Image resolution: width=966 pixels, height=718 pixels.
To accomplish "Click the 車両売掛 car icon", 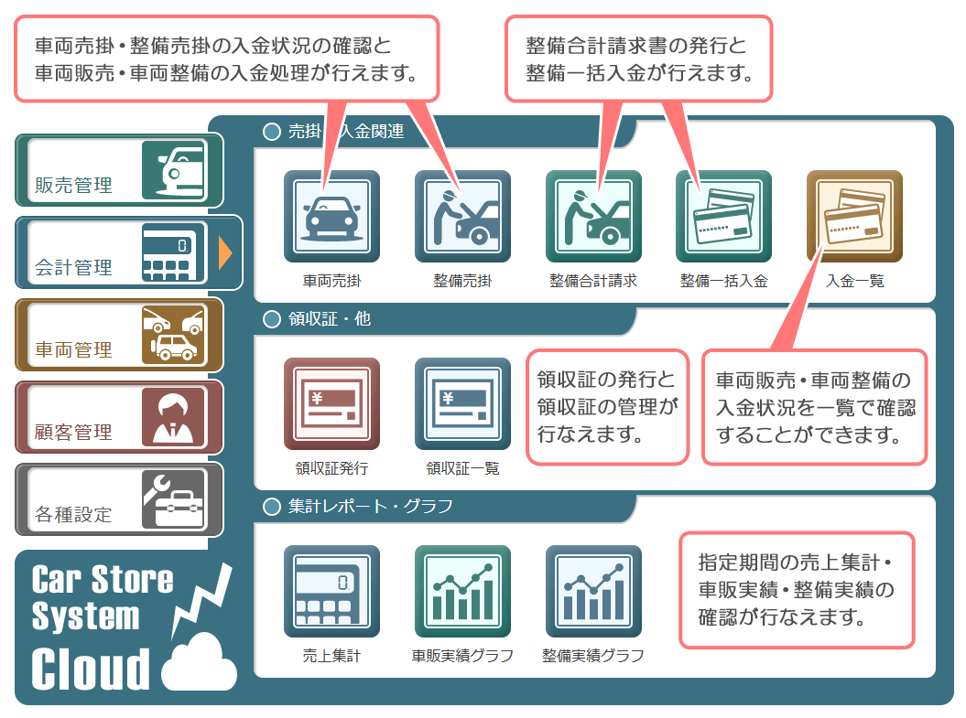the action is coord(331,217).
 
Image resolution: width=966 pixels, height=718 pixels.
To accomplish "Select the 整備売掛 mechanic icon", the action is coord(462,217).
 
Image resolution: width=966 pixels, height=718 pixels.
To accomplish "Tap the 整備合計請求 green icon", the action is coord(593,217).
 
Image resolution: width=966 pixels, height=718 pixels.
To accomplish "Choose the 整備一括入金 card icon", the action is coord(724,217).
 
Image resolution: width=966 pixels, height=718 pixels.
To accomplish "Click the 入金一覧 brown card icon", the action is coord(854,217).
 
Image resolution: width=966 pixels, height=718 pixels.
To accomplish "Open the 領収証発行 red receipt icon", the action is coord(331,404).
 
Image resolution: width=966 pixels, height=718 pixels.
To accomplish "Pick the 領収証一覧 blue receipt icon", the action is coord(462,404).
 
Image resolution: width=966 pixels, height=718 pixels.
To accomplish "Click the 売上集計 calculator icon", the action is coord(331,592).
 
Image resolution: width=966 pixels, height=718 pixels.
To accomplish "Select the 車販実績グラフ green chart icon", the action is coord(462,592).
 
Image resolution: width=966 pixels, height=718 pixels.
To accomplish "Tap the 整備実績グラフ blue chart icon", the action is coord(593,592).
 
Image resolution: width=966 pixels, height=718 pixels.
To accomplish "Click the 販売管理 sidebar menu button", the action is coord(119,170).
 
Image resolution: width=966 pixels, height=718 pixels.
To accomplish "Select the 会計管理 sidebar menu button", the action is coord(119,252).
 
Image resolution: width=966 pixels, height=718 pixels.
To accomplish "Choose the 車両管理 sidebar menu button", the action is coord(119,336).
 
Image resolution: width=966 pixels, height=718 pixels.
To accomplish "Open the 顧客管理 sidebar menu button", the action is coord(119,418).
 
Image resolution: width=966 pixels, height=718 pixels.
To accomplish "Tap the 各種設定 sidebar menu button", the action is coord(119,499).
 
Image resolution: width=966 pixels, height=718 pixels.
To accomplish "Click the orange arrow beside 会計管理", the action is coord(225,252).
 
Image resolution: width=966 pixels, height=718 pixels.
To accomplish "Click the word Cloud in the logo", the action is coord(91,669).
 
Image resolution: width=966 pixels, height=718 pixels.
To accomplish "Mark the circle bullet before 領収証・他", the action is coord(272,318).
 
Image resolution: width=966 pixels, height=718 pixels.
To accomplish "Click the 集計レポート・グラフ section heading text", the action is coord(370,507).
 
